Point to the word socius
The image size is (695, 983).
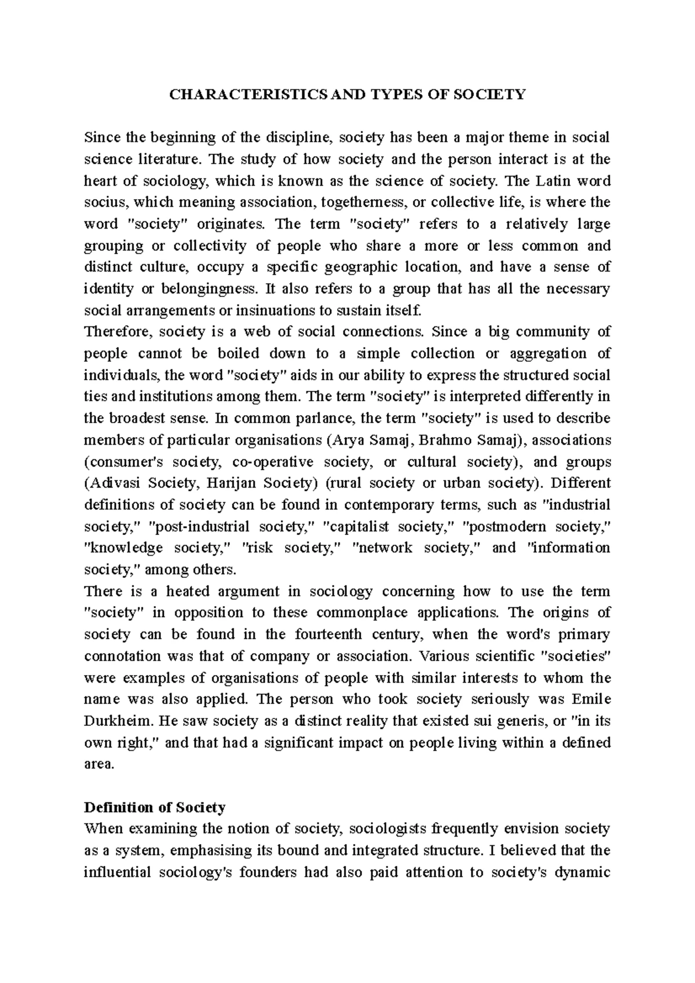coord(103,203)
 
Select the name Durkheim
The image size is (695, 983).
coord(113,721)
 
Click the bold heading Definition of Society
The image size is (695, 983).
coord(155,808)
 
